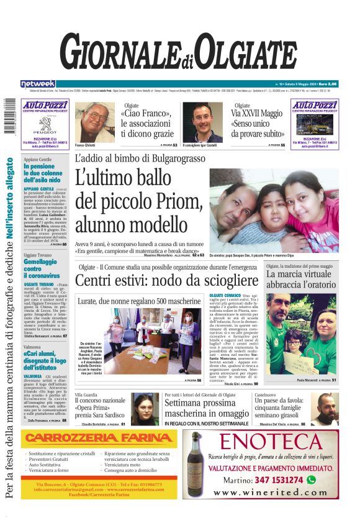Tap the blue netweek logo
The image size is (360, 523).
pos(38,83)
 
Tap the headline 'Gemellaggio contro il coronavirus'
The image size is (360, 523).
pos(45,266)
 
